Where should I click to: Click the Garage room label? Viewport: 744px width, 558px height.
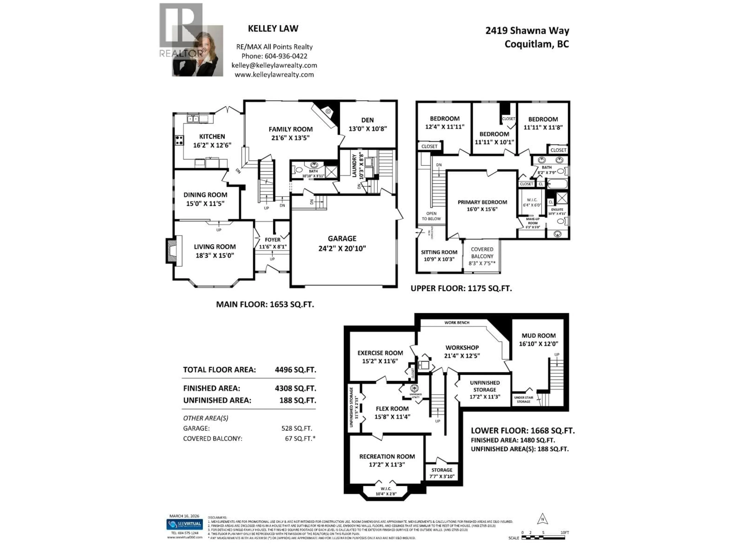[x=342, y=239]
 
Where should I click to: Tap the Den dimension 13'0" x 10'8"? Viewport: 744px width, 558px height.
[x=368, y=128]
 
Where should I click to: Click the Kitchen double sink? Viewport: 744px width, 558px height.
[x=193, y=118]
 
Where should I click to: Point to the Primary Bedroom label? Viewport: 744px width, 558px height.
[x=482, y=202]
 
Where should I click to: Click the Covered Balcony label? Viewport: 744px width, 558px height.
[x=482, y=253]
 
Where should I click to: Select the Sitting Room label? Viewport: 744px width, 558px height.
[x=439, y=252]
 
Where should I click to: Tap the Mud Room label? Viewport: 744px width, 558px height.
[x=538, y=335]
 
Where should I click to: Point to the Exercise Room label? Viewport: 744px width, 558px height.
[x=380, y=353]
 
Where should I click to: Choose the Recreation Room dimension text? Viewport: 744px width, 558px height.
[x=387, y=464]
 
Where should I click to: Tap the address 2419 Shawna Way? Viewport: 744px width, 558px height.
[x=527, y=31]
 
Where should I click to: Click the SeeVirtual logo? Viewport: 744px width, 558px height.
[x=185, y=524]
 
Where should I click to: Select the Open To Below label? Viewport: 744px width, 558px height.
[x=431, y=216]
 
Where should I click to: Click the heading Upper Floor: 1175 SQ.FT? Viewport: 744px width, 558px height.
[x=461, y=288]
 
